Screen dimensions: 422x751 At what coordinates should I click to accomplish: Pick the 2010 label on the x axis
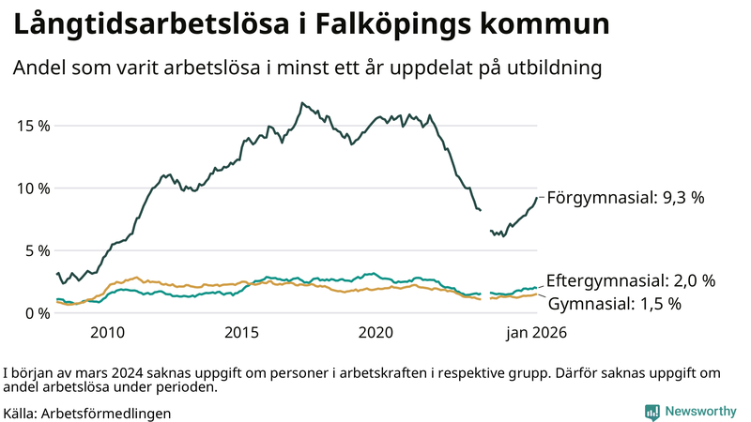click(x=107, y=333)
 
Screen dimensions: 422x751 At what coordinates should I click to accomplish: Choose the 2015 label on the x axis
click(x=241, y=333)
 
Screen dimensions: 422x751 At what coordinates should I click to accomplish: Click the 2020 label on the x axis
click(x=375, y=333)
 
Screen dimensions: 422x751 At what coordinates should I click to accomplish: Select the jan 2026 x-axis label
click(x=537, y=333)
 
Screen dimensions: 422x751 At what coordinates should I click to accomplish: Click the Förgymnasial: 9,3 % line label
click(x=625, y=198)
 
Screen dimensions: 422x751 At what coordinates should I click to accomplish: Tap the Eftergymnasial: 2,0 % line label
click(x=631, y=280)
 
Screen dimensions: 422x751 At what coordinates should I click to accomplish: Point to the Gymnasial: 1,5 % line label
click(x=614, y=304)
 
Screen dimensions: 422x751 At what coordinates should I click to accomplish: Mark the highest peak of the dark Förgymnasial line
click(x=301, y=103)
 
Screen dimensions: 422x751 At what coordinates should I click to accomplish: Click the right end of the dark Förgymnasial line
click(x=536, y=197)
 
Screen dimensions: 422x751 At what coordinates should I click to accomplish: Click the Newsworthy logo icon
click(x=651, y=412)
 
